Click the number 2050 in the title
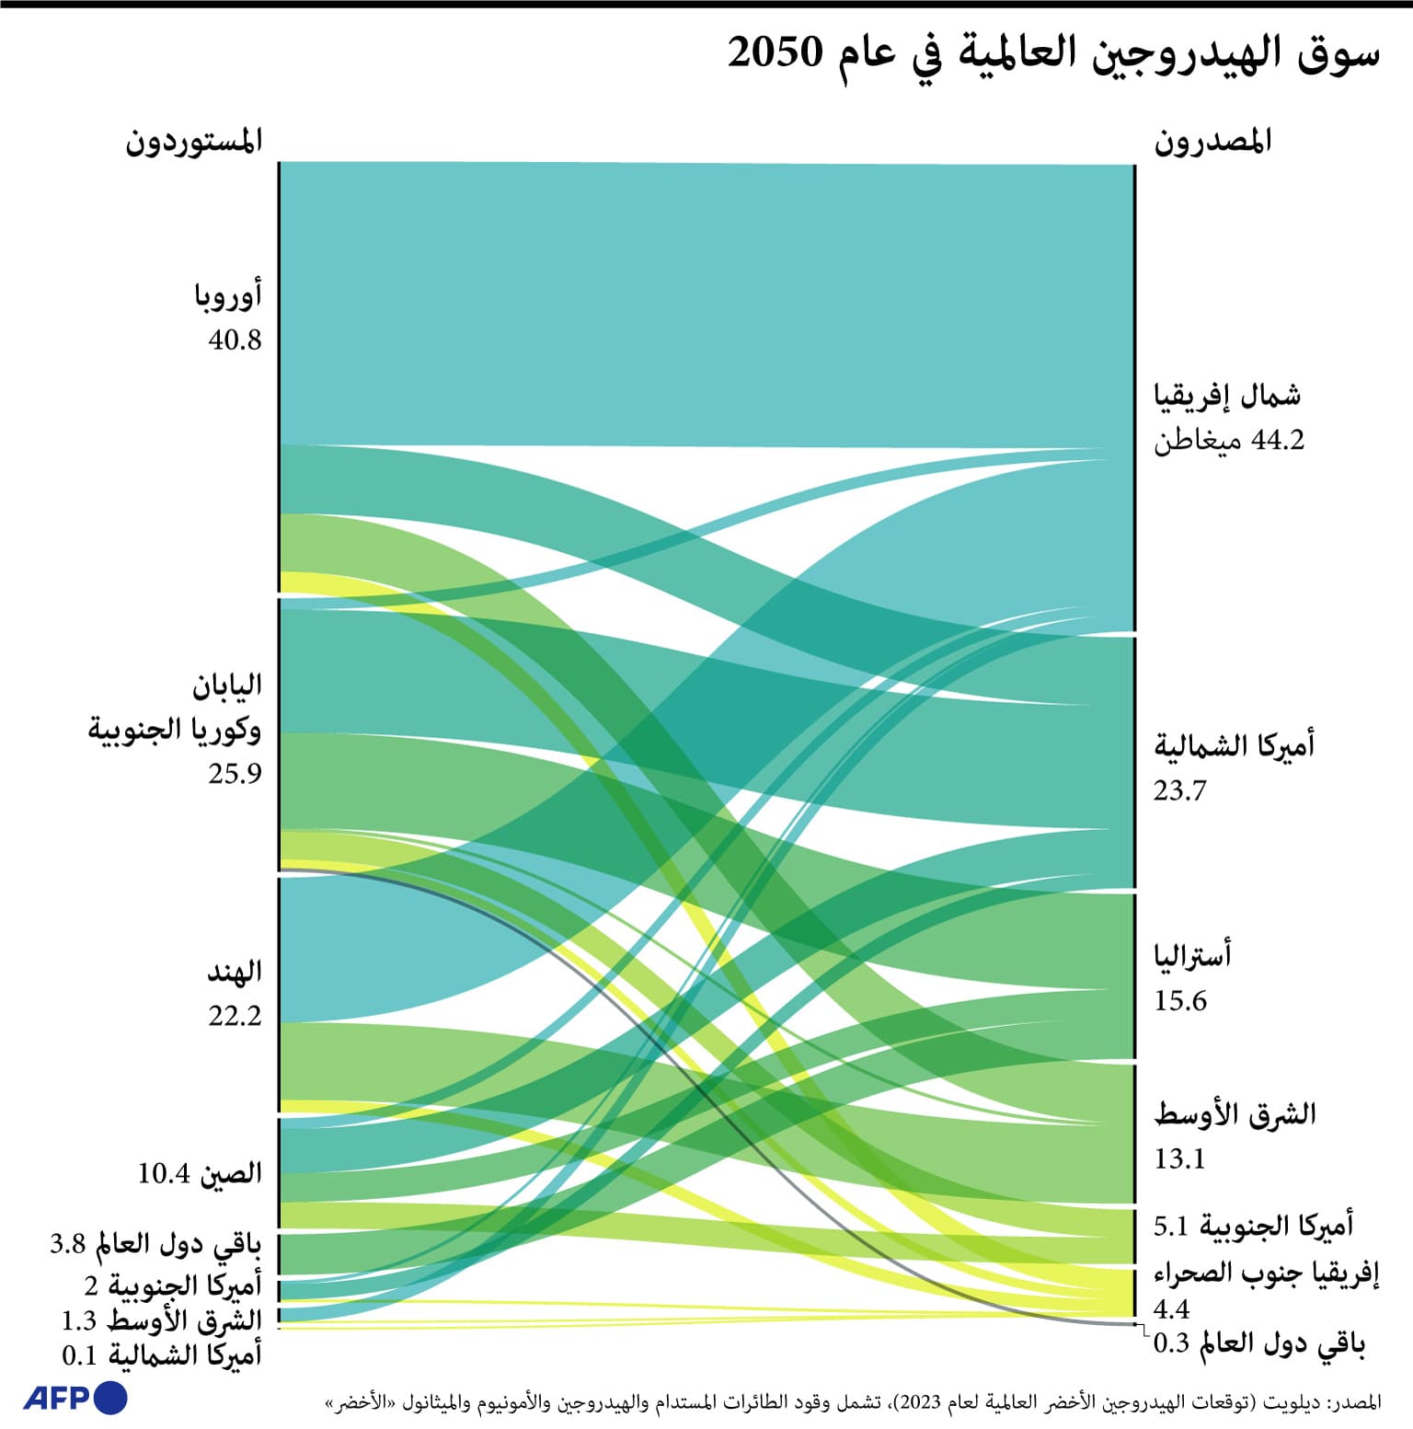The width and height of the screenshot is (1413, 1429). (x=775, y=53)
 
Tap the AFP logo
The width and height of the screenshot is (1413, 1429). (x=75, y=1398)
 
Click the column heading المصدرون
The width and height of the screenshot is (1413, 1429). (x=1212, y=142)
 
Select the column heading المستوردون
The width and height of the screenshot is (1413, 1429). (x=194, y=142)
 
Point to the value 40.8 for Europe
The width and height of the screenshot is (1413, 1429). (x=235, y=340)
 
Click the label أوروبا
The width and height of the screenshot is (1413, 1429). (x=228, y=295)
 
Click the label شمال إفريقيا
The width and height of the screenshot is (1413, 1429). (x=1227, y=396)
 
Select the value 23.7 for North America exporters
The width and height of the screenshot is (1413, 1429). (x=1179, y=790)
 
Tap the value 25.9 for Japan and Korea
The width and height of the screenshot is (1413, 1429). (x=235, y=774)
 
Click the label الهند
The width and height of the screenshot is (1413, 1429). (x=235, y=972)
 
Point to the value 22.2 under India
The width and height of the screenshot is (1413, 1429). (x=235, y=1016)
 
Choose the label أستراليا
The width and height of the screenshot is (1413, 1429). (x=1192, y=956)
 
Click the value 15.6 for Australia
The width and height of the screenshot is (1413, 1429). (x=1179, y=1001)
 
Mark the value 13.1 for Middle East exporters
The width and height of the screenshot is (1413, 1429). (x=1178, y=1158)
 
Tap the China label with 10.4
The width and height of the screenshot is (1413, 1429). (x=200, y=1174)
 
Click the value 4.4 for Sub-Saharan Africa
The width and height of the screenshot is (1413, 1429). (x=1171, y=1308)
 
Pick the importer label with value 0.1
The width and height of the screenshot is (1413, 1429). (x=162, y=1355)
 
